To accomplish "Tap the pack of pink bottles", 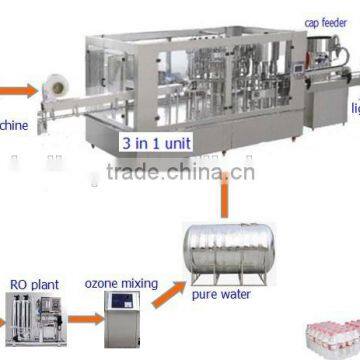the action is coord(335,340).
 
